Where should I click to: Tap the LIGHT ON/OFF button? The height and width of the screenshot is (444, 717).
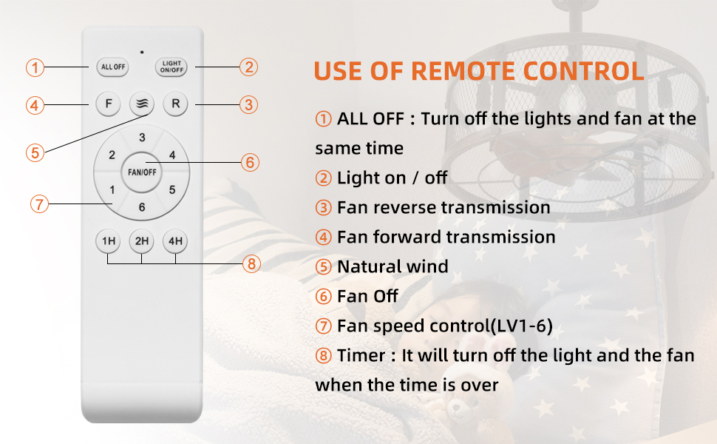coord(171,67)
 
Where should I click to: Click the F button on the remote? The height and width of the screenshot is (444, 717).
coord(109,104)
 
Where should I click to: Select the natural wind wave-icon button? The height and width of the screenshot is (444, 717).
coord(142,104)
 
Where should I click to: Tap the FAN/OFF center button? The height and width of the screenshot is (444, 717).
coord(142,172)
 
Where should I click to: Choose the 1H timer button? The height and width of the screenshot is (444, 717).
coord(108,240)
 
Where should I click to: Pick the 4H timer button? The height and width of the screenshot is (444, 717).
coord(175,240)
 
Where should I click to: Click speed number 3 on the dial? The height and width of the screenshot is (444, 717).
coord(142,137)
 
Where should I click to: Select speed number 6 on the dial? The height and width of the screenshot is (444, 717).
coord(142,207)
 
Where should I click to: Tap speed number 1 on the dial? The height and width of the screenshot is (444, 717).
coord(112,189)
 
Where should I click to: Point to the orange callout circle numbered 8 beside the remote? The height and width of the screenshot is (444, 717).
coord(251,263)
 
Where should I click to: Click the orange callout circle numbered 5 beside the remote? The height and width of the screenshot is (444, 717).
coord(35,152)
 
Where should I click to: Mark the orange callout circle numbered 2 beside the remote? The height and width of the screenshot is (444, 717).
coord(249,67)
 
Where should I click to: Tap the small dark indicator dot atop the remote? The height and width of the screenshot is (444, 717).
coord(142,53)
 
